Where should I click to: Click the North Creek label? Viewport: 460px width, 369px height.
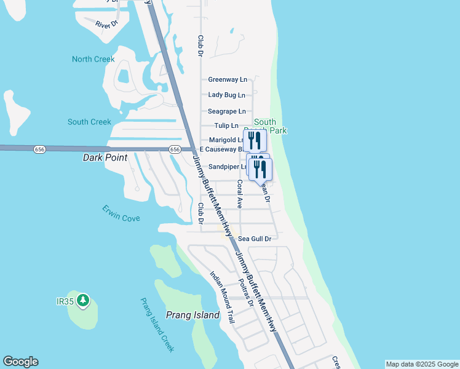[93, 59]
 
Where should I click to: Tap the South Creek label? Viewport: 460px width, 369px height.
[89, 122]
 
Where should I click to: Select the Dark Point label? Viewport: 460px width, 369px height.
[105, 157]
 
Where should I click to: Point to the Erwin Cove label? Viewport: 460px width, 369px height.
[121, 214]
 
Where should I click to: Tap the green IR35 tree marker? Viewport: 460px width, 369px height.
[83, 301]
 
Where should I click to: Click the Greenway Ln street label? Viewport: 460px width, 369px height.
[227, 79]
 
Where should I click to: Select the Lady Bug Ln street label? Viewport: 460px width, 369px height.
[226, 95]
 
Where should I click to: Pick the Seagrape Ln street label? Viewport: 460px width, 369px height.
[226, 111]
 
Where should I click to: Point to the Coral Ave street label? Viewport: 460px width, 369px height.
[240, 193]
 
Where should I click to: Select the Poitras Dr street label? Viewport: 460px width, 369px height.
[246, 290]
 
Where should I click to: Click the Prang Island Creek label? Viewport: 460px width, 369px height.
[157, 325]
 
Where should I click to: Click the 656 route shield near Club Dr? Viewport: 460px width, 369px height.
[175, 149]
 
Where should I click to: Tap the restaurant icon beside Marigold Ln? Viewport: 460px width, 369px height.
[254, 140]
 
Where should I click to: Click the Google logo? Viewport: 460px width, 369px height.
[20, 362]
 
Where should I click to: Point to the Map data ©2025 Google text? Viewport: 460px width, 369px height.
[422, 364]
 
